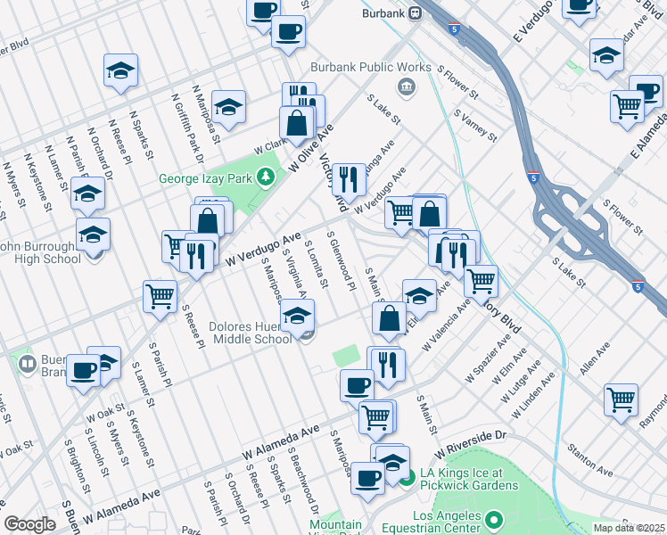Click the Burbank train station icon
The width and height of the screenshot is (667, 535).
click(415, 14)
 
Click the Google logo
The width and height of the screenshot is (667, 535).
click(29, 524)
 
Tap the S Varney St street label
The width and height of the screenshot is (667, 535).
click(474, 126)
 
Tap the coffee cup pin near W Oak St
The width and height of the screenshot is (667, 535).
click(83, 369)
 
